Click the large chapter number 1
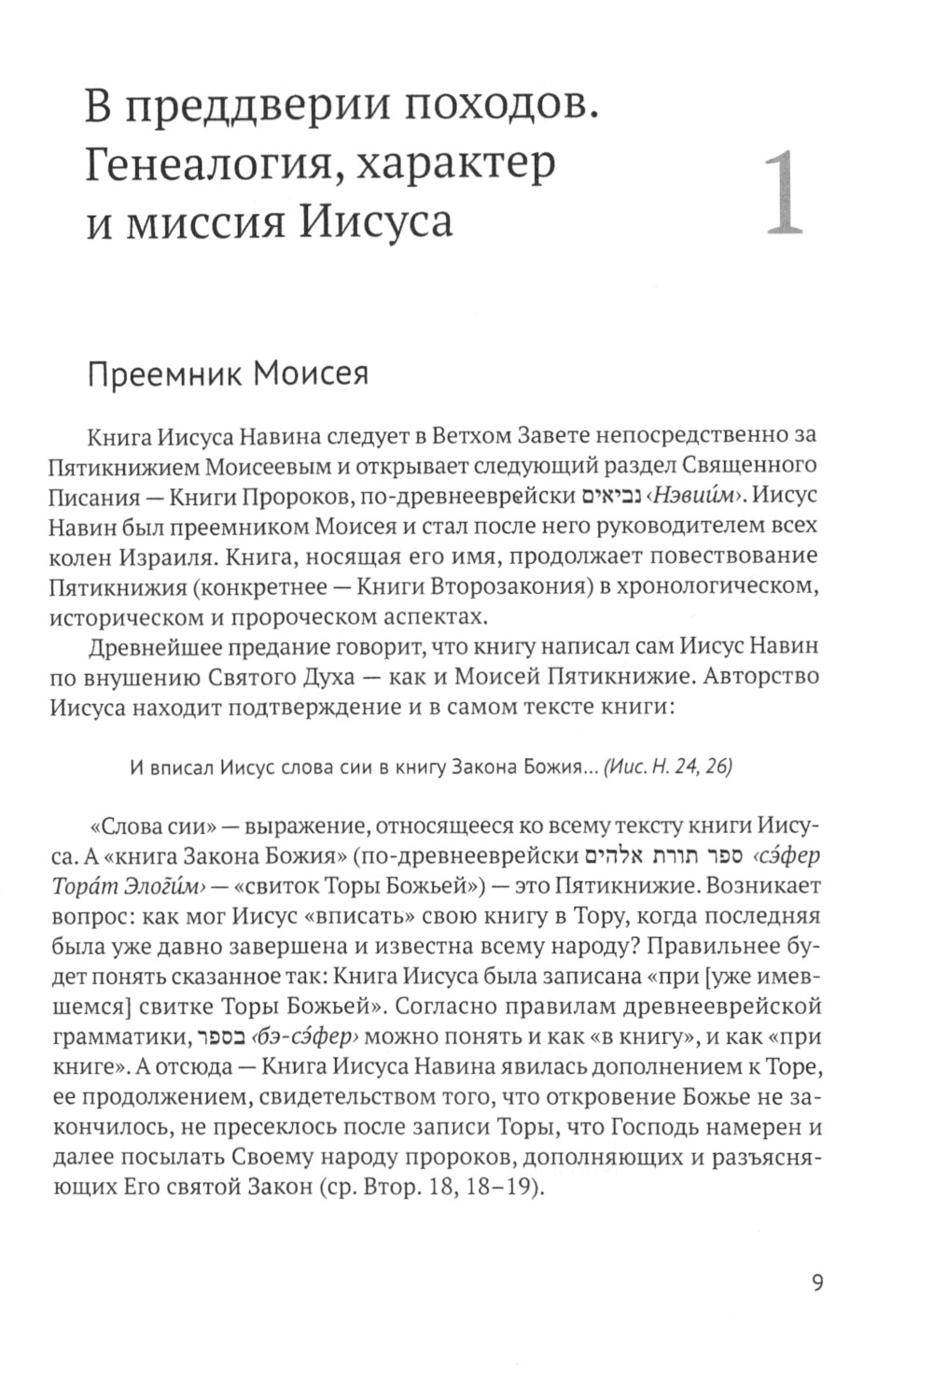tap(782, 194)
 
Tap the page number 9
tap(818, 1282)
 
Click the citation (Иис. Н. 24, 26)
tap(668, 767)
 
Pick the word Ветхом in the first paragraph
tap(482, 434)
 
